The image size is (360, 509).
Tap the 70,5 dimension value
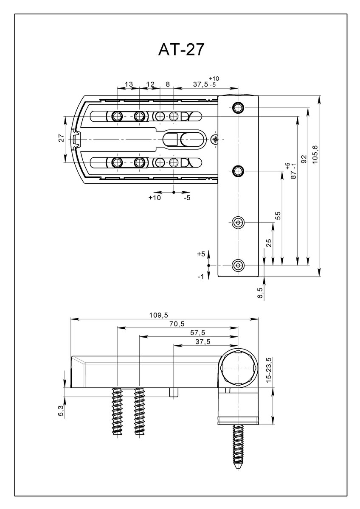click(177, 324)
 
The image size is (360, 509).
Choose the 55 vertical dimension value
click(278, 215)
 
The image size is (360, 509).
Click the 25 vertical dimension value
click(269, 243)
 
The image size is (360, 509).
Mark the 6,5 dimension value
click(260, 293)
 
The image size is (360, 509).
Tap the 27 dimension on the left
click(61, 138)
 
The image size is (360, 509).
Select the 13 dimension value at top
click(129, 84)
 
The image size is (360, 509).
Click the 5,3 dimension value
click(60, 411)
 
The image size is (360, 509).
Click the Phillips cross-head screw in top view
click(215, 139)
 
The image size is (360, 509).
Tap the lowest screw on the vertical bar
click(238, 266)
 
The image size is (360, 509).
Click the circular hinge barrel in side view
click(238, 368)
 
